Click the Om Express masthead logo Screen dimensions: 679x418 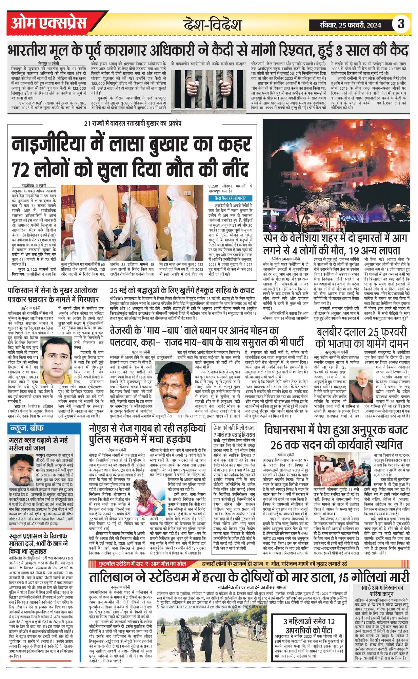coord(49,23)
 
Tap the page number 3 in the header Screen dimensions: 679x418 coord(401,24)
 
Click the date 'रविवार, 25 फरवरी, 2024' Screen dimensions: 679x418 coord(350,24)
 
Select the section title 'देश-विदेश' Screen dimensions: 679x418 coord(213,25)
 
